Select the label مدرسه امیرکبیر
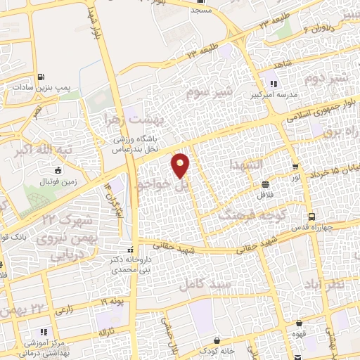[x=269, y=94]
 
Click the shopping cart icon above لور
[x=295, y=167]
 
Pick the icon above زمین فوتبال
[x=58, y=171]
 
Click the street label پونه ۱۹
[x=111, y=301]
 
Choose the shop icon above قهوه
[x=301, y=323]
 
